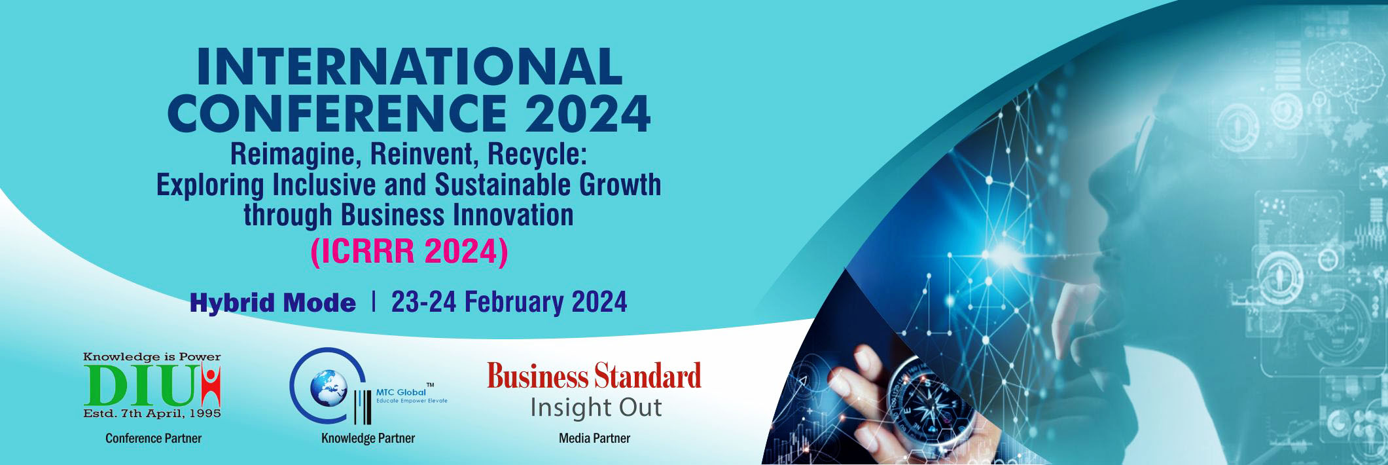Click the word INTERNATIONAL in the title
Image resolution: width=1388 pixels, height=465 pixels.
pyautogui.click(x=409, y=67)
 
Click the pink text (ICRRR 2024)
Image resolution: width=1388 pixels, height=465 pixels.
pyautogui.click(x=409, y=253)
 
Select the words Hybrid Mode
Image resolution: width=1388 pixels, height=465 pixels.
pyautogui.click(x=273, y=303)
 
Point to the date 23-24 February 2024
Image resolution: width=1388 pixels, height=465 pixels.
pyautogui.click(x=509, y=302)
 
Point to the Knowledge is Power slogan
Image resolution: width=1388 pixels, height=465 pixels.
pyautogui.click(x=152, y=357)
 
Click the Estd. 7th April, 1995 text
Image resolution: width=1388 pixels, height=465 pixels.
pyautogui.click(x=152, y=413)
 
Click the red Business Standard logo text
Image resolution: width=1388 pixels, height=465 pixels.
pyautogui.click(x=594, y=377)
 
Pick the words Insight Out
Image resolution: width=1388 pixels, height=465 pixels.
pyautogui.click(x=596, y=407)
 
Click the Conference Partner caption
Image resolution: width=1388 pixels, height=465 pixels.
pyautogui.click(x=154, y=438)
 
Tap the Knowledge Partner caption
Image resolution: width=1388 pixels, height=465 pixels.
pyautogui.click(x=368, y=438)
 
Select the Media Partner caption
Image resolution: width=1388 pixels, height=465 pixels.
pyautogui.click(x=594, y=438)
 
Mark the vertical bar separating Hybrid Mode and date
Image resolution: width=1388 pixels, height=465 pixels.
pyautogui.click(x=373, y=303)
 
